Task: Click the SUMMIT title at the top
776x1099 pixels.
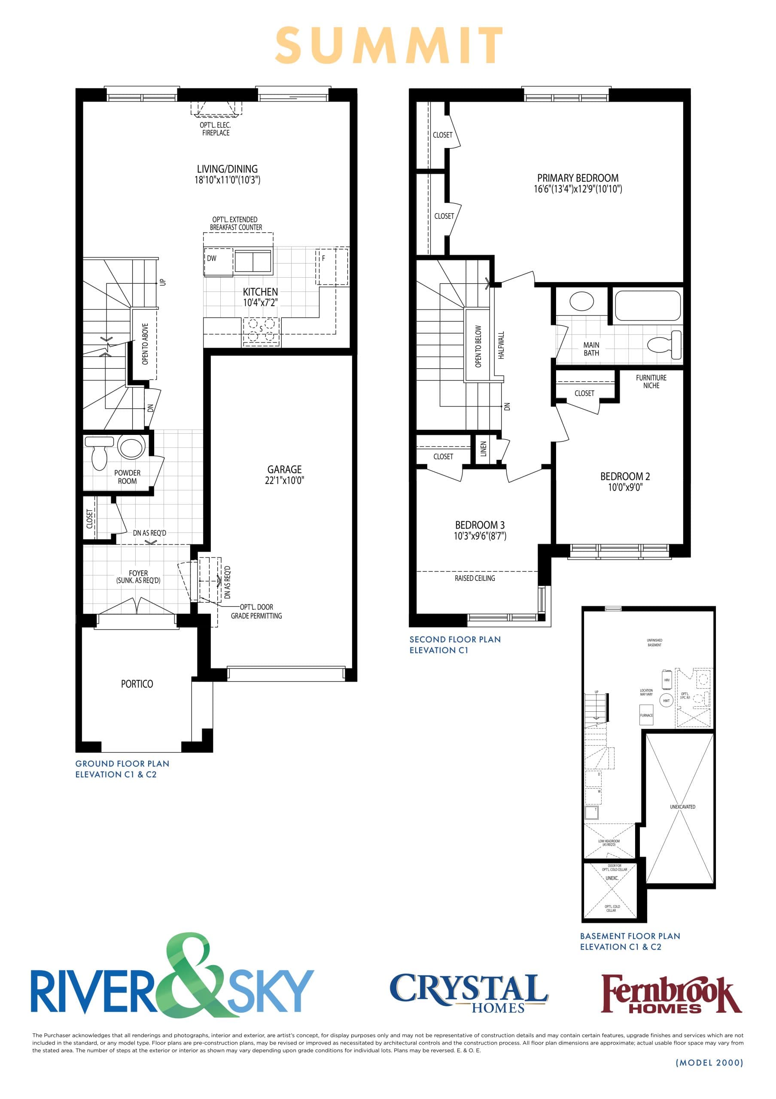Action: [x=389, y=46]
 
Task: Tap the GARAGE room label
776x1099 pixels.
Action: [x=284, y=469]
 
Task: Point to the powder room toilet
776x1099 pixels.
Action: [x=100, y=456]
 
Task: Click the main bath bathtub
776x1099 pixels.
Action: [x=647, y=305]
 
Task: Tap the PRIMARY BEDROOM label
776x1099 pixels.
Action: [x=577, y=178]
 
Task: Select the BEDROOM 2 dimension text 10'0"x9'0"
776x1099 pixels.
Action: [x=625, y=487]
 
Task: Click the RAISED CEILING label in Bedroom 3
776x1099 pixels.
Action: [x=475, y=578]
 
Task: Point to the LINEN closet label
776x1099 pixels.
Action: [x=484, y=449]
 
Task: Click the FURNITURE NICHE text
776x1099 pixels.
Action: [x=651, y=382]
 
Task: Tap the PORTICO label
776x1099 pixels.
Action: [x=137, y=684]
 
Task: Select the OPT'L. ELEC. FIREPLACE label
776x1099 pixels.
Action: [x=216, y=129]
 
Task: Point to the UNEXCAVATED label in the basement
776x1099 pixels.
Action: [x=682, y=807]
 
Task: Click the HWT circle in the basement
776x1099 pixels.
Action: [x=666, y=700]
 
